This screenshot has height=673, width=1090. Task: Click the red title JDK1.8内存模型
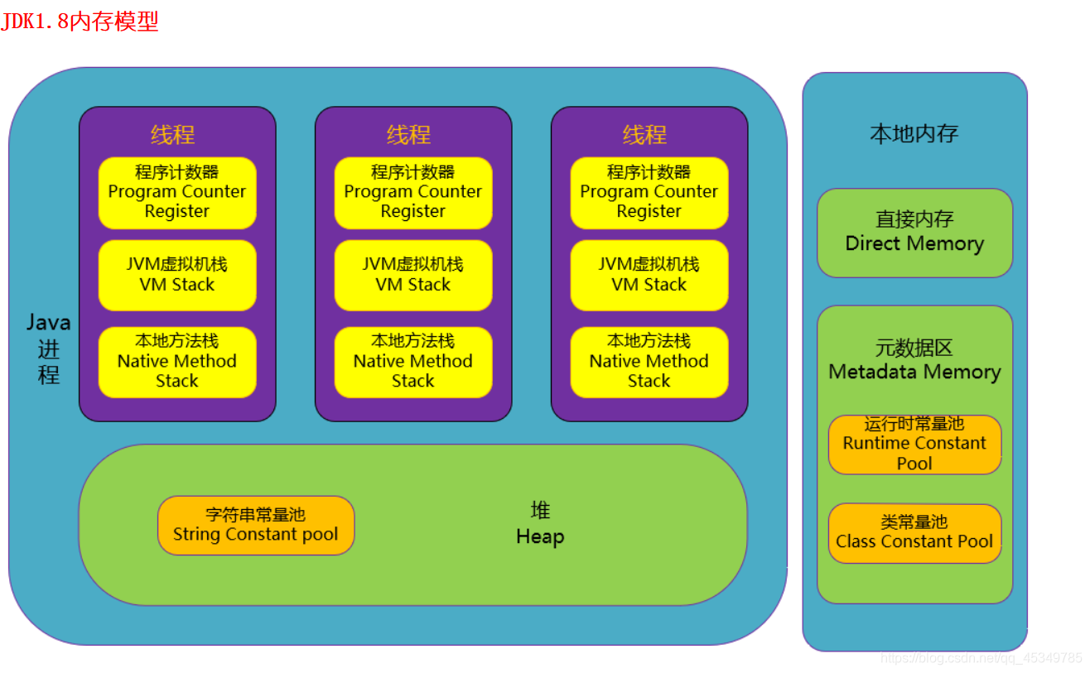coord(80,22)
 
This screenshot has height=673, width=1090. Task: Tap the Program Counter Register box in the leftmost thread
coord(177,193)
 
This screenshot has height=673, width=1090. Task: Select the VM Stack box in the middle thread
coord(413,275)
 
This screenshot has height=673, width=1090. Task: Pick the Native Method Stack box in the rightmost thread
coord(649,362)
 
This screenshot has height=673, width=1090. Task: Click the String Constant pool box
coord(256,525)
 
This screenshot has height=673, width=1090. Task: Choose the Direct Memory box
coord(914,233)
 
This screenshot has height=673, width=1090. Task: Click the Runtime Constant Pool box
coord(914,445)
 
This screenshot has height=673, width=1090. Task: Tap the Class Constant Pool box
coord(914,533)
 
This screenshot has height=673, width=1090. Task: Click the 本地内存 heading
coord(914,134)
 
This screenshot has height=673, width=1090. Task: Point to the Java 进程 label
coord(49,349)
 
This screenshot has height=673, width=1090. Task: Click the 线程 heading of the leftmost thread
coord(173,135)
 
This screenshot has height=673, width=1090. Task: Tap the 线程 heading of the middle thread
coord(409,135)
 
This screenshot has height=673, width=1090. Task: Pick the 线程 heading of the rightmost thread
coord(644,135)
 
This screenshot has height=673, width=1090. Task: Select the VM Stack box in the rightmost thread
coord(649,275)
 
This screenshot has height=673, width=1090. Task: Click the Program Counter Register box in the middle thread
coord(413,193)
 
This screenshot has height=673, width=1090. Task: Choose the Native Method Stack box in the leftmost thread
coord(177,362)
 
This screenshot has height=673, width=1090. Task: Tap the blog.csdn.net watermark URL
coord(981,658)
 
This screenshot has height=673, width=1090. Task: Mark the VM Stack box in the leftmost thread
coord(177,275)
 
